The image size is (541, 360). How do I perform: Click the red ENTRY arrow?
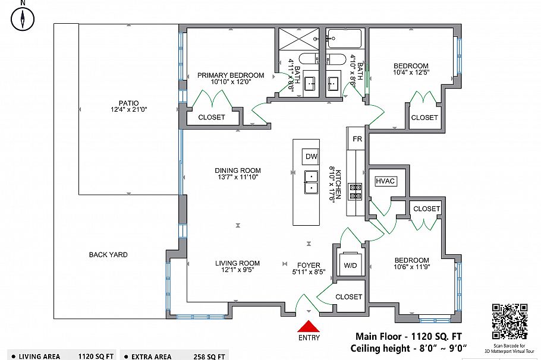[x=309, y=327]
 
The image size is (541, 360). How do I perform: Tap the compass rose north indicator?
[x=23, y=18]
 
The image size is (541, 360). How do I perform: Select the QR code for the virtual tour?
[x=509, y=321]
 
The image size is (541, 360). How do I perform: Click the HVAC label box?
[x=385, y=181]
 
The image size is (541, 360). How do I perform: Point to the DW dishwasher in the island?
[x=311, y=157]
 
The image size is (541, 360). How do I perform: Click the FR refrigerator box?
[x=357, y=138]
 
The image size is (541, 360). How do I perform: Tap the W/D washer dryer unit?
[x=350, y=264]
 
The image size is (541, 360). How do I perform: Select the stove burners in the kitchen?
[x=356, y=192]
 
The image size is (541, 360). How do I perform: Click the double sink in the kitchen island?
[x=311, y=182]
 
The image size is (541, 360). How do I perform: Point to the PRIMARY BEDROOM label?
[x=231, y=75]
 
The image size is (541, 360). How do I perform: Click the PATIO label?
[x=128, y=103]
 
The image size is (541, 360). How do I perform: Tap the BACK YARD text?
[x=108, y=255]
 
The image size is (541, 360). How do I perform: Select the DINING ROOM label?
[x=238, y=170]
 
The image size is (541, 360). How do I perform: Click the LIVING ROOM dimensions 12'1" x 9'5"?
[x=238, y=270]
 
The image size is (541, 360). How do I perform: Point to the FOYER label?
[x=309, y=265]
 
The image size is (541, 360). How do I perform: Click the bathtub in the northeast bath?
[x=344, y=39]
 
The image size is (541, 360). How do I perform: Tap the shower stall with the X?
[x=299, y=39]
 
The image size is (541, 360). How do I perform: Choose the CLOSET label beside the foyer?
[x=349, y=296]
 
